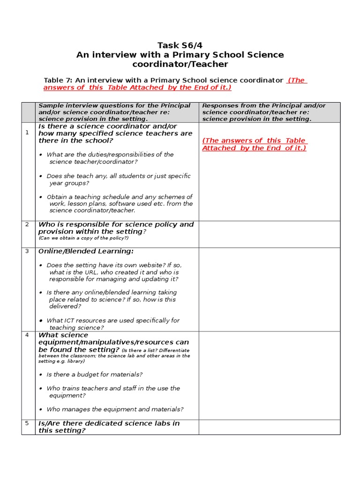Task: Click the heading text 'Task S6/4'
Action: [x=180, y=45]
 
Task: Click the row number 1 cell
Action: [x=27, y=133]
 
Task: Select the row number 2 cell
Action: [x=27, y=225]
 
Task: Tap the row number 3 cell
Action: [x=27, y=251]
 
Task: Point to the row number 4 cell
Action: [x=27, y=335]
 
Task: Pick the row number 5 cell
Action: [x=27, y=423]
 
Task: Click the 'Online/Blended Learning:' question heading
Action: [x=86, y=252]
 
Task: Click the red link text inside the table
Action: [x=254, y=144]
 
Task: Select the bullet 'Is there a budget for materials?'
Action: [x=94, y=375]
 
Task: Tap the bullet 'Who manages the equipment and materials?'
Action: [x=115, y=409]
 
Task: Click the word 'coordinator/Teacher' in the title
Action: [x=180, y=64]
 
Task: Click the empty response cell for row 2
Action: [x=270, y=234]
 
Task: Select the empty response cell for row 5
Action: [x=270, y=427]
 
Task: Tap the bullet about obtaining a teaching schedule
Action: [x=120, y=204]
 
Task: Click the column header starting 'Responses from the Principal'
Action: [x=264, y=112]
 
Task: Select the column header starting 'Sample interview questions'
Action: [x=114, y=112]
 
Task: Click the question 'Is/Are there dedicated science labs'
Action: [x=109, y=427]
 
